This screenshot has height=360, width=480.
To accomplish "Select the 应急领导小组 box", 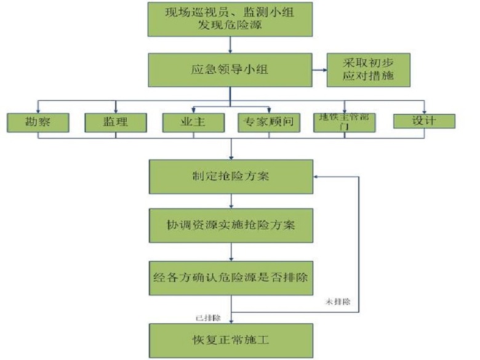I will [x=230, y=70].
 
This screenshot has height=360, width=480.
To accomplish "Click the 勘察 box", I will [x=37, y=122].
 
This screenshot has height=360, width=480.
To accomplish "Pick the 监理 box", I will [x=115, y=122].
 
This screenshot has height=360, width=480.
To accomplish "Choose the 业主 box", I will [x=193, y=122].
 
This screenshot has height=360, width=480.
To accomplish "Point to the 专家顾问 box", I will [x=270, y=122].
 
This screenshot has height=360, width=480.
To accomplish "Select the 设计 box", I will [x=424, y=121].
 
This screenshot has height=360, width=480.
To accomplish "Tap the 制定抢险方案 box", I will [x=230, y=177].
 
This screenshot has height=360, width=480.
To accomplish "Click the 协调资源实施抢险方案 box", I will [x=230, y=225].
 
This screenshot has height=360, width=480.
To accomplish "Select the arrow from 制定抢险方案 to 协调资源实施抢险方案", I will [x=231, y=201].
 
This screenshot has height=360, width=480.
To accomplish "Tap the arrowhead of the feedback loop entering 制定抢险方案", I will [x=316, y=177].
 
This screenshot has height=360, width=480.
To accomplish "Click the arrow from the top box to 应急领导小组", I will [x=231, y=44].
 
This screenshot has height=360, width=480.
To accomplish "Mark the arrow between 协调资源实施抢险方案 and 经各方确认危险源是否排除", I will [x=231, y=250].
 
